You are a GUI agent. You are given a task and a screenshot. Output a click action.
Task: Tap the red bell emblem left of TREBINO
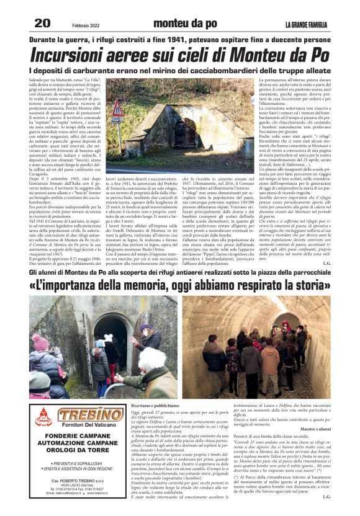tap(43, 417)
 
